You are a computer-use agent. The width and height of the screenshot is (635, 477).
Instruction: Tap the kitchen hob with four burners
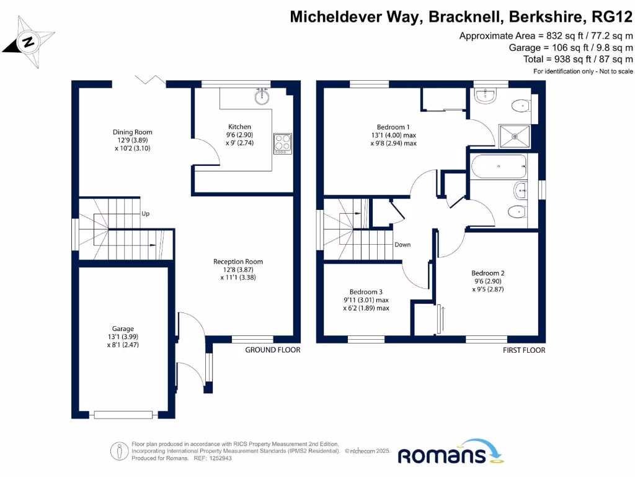click(x=282, y=143)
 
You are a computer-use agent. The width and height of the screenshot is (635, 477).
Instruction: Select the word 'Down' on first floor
click(x=402, y=245)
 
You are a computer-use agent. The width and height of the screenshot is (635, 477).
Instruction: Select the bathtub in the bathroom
click(x=499, y=167)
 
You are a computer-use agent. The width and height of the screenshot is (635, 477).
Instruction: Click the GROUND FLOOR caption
click(x=272, y=350)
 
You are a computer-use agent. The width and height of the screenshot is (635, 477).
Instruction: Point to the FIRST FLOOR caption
click(x=524, y=350)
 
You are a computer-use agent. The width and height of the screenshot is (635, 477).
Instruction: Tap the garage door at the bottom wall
click(x=123, y=414)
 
